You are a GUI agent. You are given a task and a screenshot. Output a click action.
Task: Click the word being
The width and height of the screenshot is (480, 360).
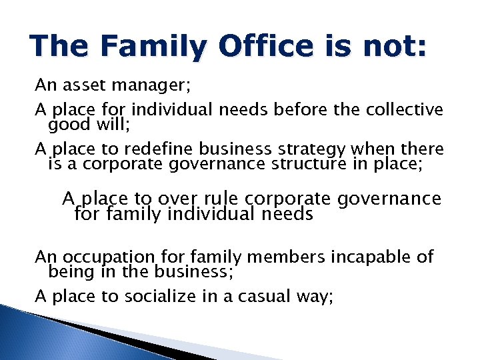(x=69, y=271)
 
